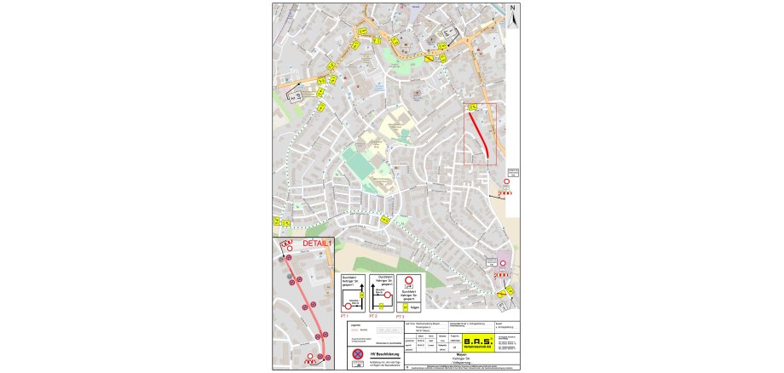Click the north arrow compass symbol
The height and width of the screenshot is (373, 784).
click(513, 16)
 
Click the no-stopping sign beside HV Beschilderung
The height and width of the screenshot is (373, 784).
click(359, 353)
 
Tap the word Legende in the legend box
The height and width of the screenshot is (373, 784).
click(356, 324)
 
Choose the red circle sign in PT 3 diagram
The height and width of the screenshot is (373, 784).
click(410, 280)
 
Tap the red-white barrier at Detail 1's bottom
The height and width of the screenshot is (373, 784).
click(310, 362)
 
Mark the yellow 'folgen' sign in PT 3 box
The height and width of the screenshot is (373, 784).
click(406, 307)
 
